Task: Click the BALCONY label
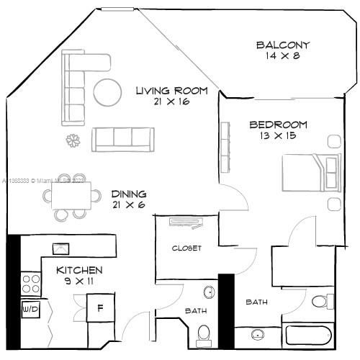(283, 46)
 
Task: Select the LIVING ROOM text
(171, 91)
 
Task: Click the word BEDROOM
(278, 125)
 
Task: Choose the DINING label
(129, 194)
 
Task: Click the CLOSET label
(186, 248)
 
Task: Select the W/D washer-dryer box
(30, 309)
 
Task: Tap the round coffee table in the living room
(108, 91)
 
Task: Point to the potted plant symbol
(73, 140)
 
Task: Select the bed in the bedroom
(310, 172)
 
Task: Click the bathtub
(307, 335)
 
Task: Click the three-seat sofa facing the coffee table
(122, 138)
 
